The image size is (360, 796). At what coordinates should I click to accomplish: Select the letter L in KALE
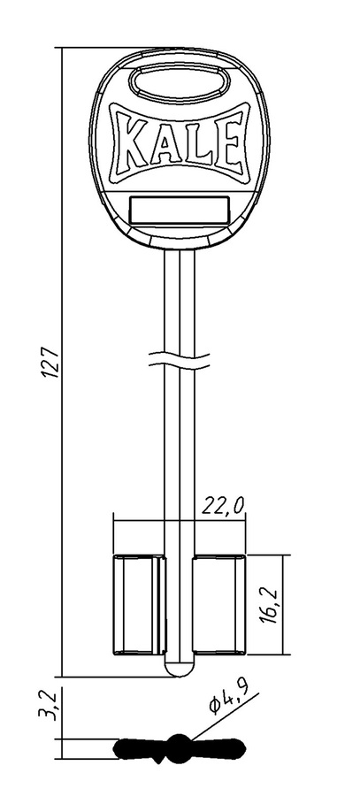point(198,142)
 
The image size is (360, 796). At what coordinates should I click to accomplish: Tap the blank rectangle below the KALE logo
point(180,210)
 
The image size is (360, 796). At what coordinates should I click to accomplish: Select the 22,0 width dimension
point(224,506)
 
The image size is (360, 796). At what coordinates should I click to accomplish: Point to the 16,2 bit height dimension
point(270,603)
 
